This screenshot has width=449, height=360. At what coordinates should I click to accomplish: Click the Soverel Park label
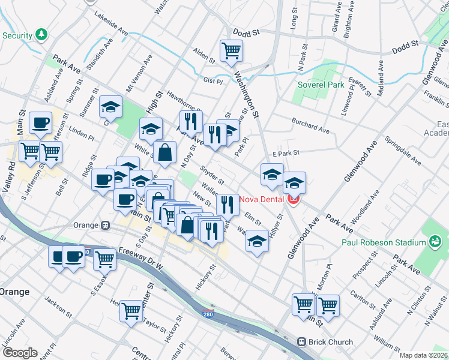click(x=321, y=85)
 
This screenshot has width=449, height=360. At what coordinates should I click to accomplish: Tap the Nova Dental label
click(x=262, y=199)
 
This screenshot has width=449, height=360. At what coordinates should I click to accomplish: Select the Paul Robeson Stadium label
click(x=384, y=242)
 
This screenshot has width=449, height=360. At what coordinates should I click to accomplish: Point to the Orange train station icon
click(x=105, y=225)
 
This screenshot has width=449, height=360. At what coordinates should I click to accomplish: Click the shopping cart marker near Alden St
click(x=231, y=51)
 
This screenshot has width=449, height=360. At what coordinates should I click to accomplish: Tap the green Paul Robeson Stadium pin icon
click(x=435, y=242)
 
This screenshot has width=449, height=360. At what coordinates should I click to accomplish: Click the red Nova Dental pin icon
click(x=294, y=199)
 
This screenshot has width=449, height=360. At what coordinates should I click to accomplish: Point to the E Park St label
click(x=285, y=154)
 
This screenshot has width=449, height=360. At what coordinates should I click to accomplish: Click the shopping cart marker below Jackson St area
click(x=131, y=311)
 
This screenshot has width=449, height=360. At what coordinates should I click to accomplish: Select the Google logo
click(x=19, y=352)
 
